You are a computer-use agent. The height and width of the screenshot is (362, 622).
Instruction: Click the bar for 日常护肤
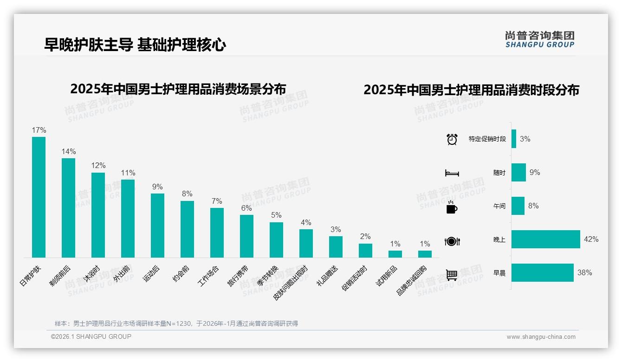pos(39,197)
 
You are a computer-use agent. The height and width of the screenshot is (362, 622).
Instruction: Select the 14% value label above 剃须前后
pos(68,151)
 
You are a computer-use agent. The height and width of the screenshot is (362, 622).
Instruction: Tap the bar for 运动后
pos(157,225)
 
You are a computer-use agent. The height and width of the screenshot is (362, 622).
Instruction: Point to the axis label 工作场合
pos(209,276)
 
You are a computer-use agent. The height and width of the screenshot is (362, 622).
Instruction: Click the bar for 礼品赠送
pos(336,246)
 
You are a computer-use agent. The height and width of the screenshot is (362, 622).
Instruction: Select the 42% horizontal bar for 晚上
pos(545,239)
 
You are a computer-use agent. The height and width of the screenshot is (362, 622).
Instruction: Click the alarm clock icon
pos(452,139)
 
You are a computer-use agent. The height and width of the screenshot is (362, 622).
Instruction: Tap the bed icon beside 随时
pos(452,173)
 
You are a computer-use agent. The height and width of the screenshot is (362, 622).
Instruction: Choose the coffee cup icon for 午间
pos(452,207)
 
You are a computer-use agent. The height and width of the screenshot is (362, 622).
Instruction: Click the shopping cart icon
pos(452,275)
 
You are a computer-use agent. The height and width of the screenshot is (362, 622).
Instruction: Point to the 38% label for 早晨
pos(584,273)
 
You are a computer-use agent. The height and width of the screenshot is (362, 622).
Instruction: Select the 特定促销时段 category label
pos(487,139)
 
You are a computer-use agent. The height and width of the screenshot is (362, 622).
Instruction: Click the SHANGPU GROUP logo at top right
pos(539,39)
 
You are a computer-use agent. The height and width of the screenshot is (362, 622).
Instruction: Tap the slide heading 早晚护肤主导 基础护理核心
pos(135,45)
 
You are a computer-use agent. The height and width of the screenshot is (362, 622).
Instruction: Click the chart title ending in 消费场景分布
pos(178,89)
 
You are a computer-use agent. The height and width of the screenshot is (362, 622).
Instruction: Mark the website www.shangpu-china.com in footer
pos(541,337)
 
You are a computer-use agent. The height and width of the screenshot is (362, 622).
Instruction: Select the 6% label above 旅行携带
pos(246,208)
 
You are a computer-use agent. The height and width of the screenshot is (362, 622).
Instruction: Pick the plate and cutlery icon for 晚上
pos(452,241)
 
